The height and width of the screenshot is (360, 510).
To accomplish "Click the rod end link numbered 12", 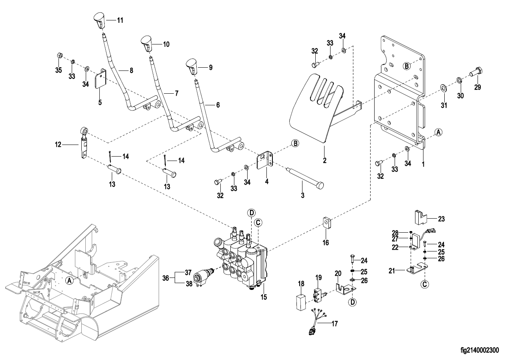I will [83, 143].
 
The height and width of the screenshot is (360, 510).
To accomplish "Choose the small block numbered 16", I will [327, 223].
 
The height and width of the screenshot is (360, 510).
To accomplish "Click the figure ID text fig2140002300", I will [480, 350].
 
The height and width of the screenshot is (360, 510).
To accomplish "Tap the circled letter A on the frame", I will [70, 281].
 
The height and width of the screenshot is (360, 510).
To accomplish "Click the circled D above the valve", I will [251, 213].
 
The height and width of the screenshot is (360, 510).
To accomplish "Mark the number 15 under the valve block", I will [263, 297].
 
